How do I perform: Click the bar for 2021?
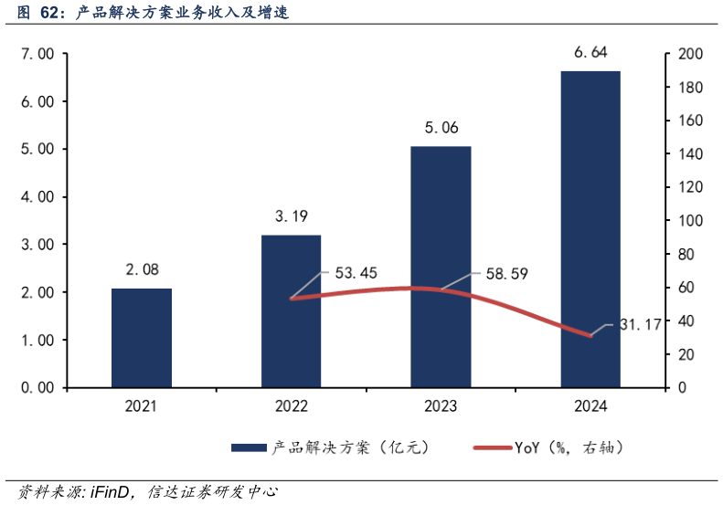click(x=142, y=338)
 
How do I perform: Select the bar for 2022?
click(x=291, y=311)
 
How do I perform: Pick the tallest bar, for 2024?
click(x=590, y=228)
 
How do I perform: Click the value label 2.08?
click(x=142, y=269)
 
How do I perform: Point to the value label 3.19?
click(x=291, y=216)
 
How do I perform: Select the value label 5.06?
click(x=441, y=128)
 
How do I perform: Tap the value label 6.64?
click(x=590, y=52)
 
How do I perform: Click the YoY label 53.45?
click(x=356, y=272)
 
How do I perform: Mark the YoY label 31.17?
click(x=639, y=324)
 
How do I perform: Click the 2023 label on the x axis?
click(x=441, y=406)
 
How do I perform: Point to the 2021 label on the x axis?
click(x=142, y=406)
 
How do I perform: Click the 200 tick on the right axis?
click(x=690, y=54)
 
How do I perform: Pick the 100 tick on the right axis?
click(x=690, y=221)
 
